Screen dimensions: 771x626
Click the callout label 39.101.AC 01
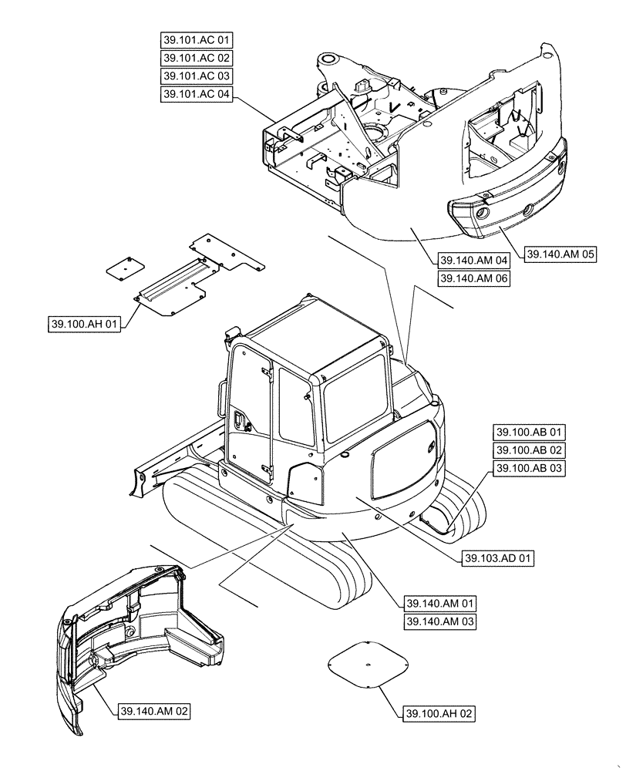197,39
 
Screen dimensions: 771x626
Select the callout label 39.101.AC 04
197,94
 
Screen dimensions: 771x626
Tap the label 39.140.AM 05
561,253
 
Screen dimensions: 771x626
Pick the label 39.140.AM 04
474,260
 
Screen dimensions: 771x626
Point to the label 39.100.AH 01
83,325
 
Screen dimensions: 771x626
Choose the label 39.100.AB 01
530,432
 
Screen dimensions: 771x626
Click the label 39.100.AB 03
530,469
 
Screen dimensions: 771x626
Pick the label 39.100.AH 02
438,715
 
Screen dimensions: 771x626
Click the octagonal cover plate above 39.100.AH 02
368,662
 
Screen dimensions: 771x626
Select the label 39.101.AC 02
197,58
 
